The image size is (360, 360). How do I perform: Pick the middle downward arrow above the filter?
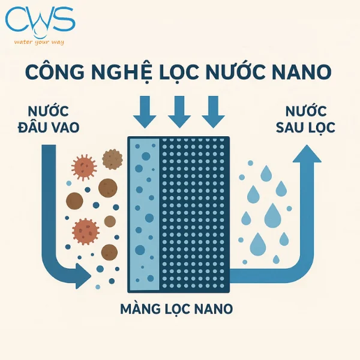[179, 110]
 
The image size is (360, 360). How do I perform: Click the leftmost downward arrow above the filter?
[145, 110]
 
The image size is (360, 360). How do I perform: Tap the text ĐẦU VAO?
[53, 127]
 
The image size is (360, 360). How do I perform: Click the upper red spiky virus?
[84, 167]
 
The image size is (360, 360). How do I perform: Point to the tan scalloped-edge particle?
[112, 158]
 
